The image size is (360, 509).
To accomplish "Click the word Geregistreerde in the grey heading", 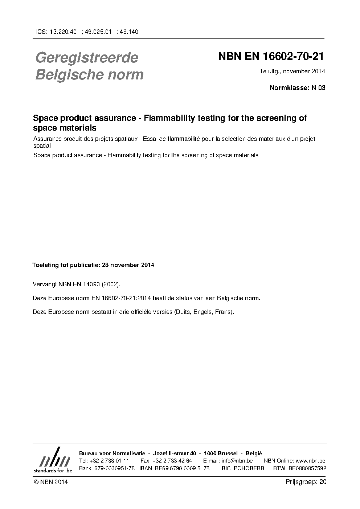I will tap(87, 58).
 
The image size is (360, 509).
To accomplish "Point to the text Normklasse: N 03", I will tap(297, 87).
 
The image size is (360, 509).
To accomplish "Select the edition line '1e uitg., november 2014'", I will tap(292, 71).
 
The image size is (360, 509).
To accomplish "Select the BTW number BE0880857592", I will tap(307, 468).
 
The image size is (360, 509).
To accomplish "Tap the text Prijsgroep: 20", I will tap(306, 482).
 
